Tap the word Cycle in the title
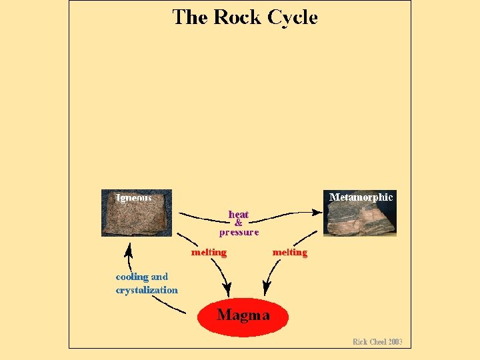[x=292, y=18]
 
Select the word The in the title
[x=190, y=18]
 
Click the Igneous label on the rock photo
[x=134, y=197]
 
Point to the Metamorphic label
[x=361, y=197]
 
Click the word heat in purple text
[x=239, y=215]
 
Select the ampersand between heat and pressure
[x=239, y=223]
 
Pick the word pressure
[x=239, y=233]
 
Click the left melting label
[x=209, y=253]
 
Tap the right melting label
[x=290, y=253]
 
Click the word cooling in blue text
[x=132, y=277]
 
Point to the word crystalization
[x=147, y=290]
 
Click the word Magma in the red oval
[x=243, y=315]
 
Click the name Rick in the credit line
[x=361, y=342]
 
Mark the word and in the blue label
[x=159, y=277]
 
